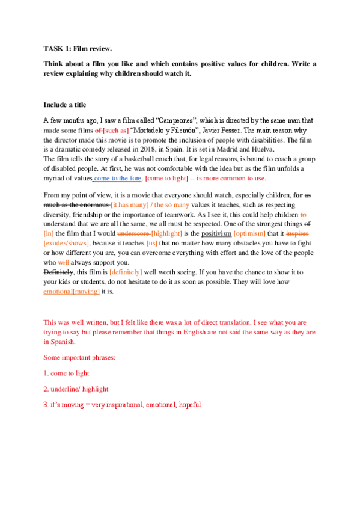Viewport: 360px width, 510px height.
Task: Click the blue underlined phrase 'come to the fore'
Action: [117, 179]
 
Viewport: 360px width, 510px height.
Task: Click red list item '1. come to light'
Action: [66, 373]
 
